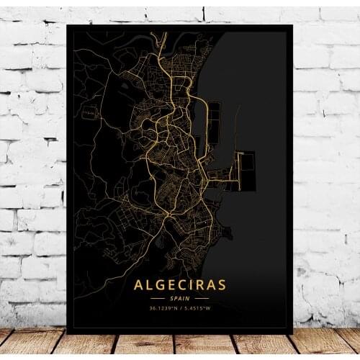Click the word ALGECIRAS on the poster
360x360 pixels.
(x=179, y=285)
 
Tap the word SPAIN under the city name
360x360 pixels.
(x=180, y=299)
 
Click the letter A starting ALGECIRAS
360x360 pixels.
(x=138, y=285)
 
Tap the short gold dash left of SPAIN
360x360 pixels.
(x=158, y=299)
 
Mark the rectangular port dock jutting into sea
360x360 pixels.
(x=245, y=171)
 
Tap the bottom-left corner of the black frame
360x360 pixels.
(x=67, y=333)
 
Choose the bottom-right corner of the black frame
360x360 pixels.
(x=292, y=333)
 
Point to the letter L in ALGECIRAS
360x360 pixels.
(x=150, y=285)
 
